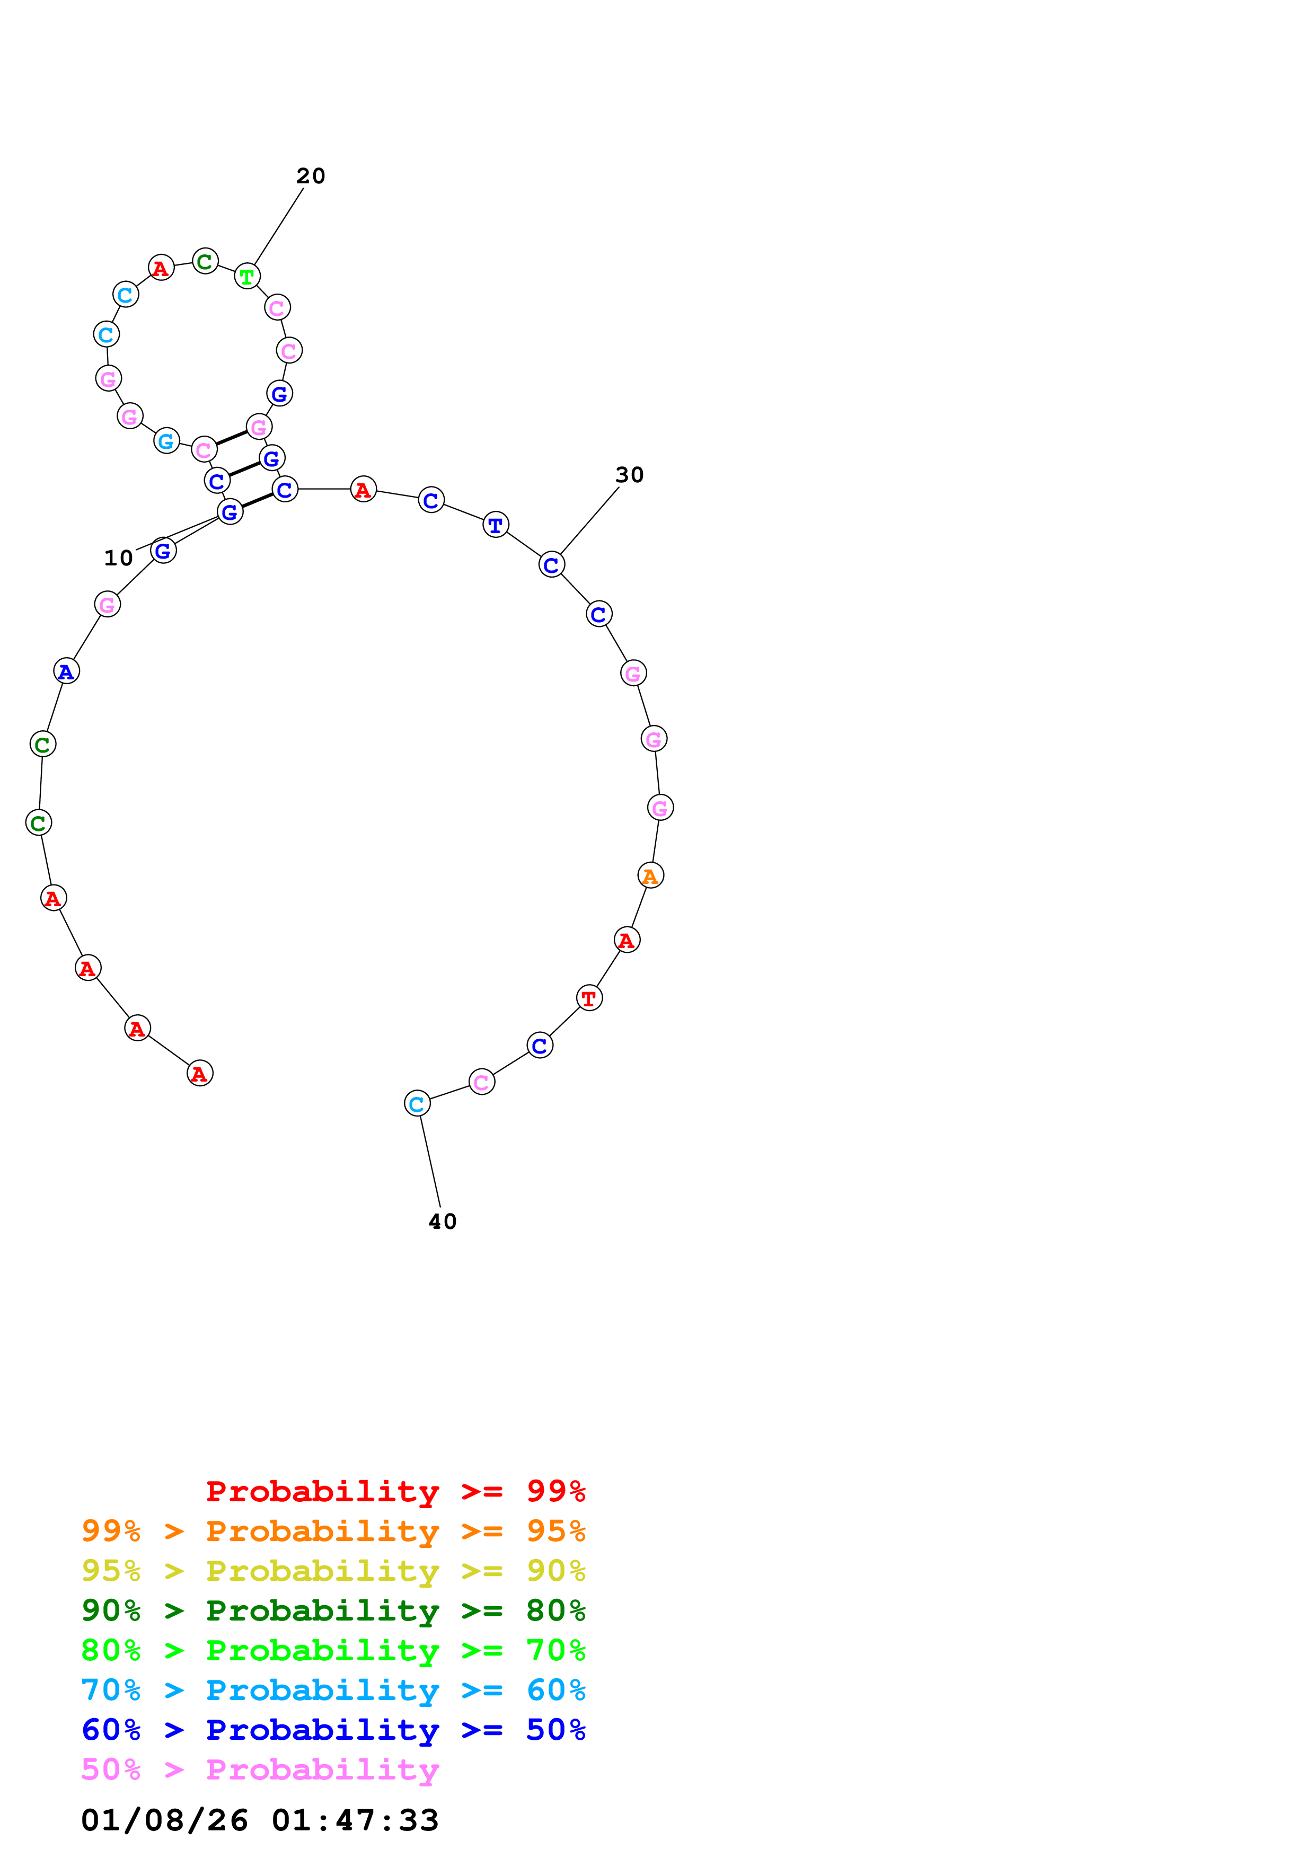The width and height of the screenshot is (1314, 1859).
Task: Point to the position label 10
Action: pos(118,558)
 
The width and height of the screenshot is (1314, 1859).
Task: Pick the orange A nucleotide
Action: pos(650,875)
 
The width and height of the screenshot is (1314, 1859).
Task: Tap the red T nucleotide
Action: pos(589,998)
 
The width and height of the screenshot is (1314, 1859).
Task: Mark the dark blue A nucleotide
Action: pos(66,671)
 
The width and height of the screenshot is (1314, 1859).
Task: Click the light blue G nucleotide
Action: pos(166,441)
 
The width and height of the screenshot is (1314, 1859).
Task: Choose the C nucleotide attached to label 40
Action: pos(417,1103)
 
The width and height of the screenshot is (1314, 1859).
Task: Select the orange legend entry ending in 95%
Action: pos(333,1530)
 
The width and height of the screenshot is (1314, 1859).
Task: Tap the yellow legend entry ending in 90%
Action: pos(333,1570)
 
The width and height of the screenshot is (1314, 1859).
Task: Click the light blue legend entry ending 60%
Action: pos(333,1690)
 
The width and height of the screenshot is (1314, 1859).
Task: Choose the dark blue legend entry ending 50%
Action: pos(333,1730)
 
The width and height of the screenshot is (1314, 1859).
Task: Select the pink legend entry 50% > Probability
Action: pos(260,1769)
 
